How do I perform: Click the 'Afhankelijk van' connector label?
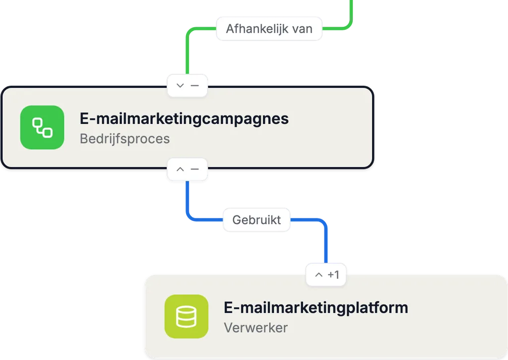point(269,29)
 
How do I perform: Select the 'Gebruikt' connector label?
point(256,220)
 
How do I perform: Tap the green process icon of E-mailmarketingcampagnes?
point(42,127)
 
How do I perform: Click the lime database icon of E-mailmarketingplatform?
point(187,316)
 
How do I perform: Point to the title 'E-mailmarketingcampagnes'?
point(184,119)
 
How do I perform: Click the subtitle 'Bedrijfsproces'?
point(125,138)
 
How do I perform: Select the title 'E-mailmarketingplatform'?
point(316,307)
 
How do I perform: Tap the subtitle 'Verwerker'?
point(255,328)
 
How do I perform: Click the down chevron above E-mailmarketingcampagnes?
point(180,85)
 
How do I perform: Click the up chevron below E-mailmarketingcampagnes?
point(180,169)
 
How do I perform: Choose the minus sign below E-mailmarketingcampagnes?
point(194,169)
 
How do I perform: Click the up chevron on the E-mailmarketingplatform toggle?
point(319,275)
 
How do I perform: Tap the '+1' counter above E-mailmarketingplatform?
point(333,275)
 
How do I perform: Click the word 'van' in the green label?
point(302,29)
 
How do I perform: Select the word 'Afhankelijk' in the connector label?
point(257,29)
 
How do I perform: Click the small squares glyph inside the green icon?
point(42,127)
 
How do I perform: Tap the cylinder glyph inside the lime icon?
point(187,317)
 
